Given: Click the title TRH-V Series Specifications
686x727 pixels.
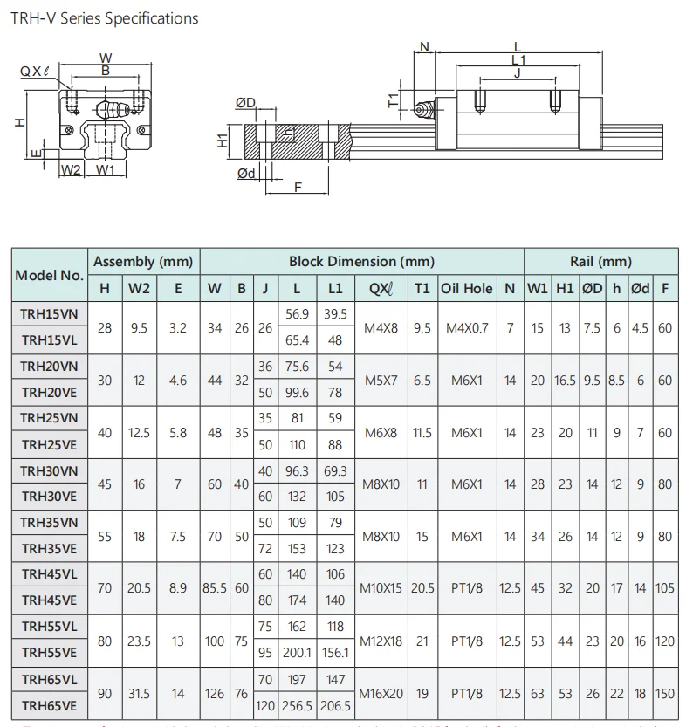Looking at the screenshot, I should click(104, 17).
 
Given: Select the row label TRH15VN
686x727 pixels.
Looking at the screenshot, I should click(49, 313).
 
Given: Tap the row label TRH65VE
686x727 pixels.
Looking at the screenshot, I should click(49, 706).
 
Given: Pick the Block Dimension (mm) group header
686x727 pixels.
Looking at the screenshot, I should click(361, 261).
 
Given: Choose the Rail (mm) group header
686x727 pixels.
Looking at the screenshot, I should click(600, 261).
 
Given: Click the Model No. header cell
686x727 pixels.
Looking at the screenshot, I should click(49, 275).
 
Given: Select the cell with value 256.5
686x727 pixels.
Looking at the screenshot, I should click(298, 706).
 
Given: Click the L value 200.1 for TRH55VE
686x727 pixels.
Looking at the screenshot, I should click(298, 654).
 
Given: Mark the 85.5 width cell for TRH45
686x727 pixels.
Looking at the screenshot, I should click(214, 588).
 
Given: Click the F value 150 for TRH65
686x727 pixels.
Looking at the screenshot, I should click(665, 694).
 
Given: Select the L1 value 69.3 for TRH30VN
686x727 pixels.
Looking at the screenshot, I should click(335, 471).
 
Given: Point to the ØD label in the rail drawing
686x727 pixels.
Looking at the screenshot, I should click(245, 103).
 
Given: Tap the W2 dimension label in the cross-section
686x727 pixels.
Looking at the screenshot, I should click(71, 170).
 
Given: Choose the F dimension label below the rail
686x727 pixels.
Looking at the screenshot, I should click(298, 187).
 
